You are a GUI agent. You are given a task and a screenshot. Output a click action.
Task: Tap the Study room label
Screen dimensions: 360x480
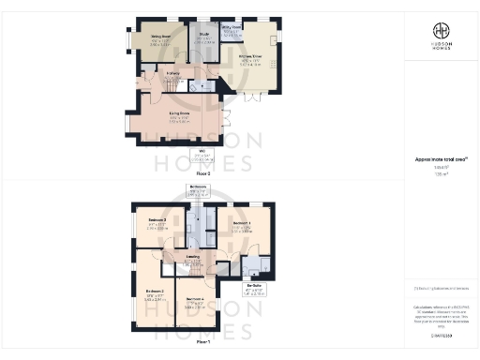pos(203,38)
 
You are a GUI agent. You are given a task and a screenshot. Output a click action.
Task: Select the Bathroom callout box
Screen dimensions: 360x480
pos(197,191)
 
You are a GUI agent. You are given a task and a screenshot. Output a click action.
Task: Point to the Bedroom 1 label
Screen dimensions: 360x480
pos(240,223)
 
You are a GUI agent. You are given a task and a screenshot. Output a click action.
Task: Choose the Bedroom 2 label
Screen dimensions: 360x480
pos(156,292)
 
